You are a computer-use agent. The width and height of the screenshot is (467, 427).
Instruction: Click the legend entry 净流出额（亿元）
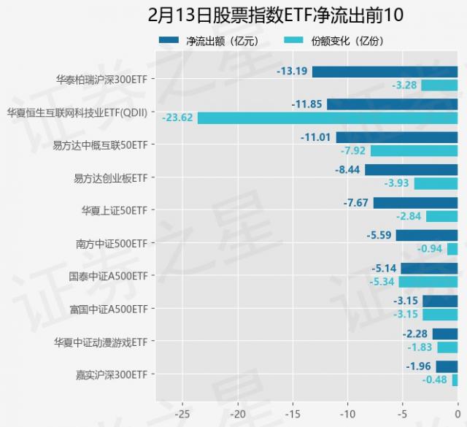(x=207, y=41)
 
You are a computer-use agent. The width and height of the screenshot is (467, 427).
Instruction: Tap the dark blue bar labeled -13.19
(x=385, y=72)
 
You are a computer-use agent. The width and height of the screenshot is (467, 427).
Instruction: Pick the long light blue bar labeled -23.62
(x=328, y=118)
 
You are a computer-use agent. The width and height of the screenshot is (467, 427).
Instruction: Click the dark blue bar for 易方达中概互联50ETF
(x=397, y=137)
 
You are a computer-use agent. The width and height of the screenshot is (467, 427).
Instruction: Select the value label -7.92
(x=353, y=151)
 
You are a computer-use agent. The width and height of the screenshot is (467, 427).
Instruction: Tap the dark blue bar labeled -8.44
(x=411, y=170)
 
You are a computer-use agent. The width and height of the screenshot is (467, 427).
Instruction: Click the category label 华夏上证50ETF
(x=115, y=210)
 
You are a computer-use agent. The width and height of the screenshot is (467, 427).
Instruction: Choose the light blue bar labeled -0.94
(x=452, y=249)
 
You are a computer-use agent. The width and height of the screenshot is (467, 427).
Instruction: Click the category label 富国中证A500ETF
(x=109, y=309)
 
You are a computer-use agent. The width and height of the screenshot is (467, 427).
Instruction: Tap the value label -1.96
(x=418, y=366)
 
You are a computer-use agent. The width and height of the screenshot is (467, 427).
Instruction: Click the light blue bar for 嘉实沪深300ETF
(x=455, y=380)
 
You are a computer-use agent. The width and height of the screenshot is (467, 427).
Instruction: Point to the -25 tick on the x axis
(x=182, y=412)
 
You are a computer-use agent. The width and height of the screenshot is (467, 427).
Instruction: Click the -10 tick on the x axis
(x=347, y=412)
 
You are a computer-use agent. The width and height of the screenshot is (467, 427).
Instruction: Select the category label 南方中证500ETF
(x=112, y=243)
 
